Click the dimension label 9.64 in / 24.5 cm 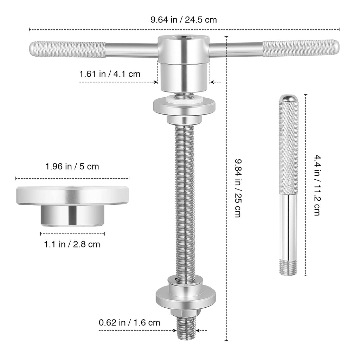click(184, 20)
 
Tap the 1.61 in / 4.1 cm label click(110, 74)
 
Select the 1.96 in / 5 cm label click(72, 166)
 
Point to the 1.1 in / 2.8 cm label click(72, 244)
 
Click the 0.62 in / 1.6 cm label click(129, 323)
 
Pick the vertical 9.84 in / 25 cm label click(238, 188)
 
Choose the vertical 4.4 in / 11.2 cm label click(317, 185)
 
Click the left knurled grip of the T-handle click(68, 49)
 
